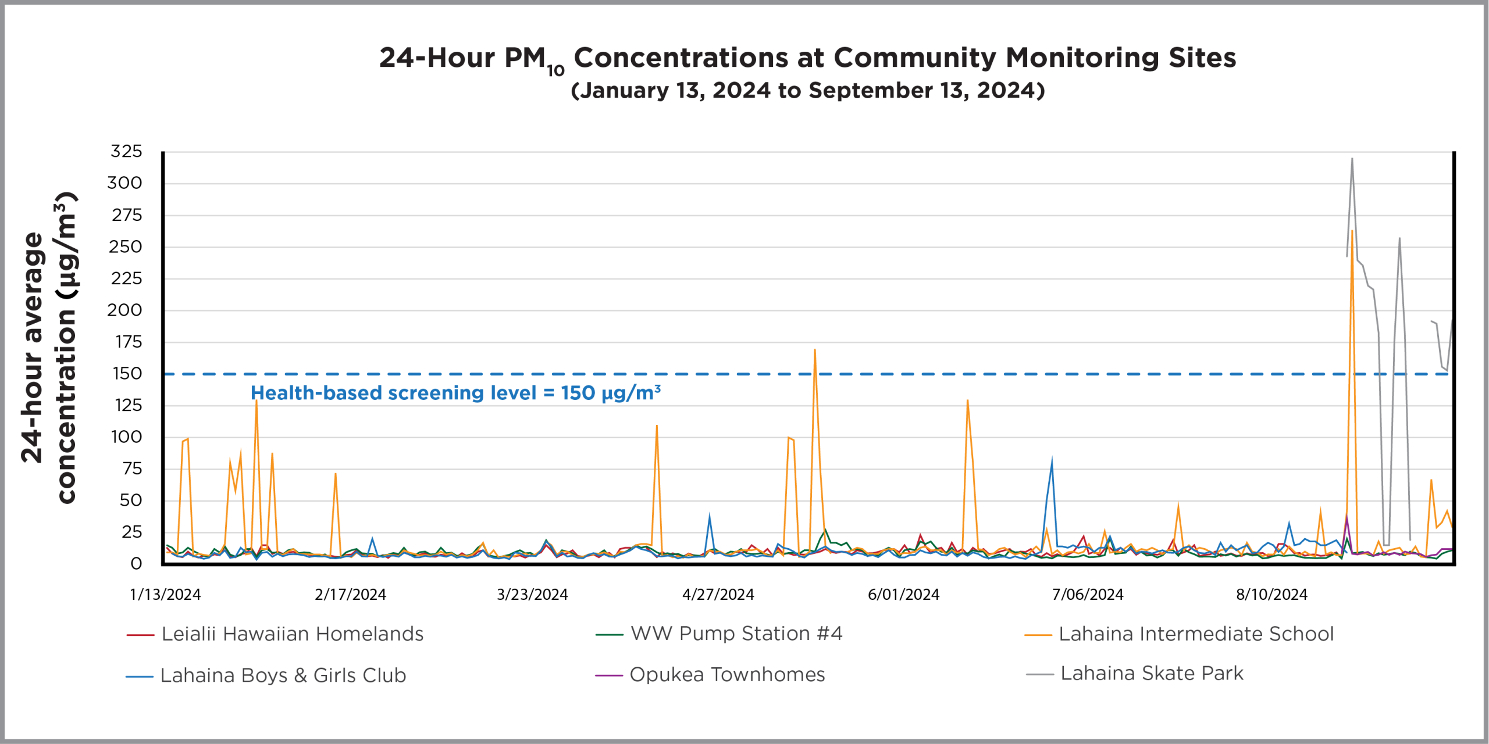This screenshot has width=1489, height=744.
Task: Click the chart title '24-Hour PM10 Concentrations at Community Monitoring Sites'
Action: pyautogui.click(x=807, y=58)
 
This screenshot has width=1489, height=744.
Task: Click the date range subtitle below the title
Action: pyautogui.click(x=807, y=91)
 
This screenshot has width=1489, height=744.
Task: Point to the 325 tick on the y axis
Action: pyautogui.click(x=126, y=151)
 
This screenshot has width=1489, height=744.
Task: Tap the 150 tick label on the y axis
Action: pyautogui.click(x=127, y=373)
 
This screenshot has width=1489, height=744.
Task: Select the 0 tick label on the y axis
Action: pyautogui.click(x=136, y=563)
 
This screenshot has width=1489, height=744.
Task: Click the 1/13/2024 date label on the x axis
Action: pyautogui.click(x=165, y=595)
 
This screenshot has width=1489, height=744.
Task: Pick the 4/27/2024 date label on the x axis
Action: pyautogui.click(x=718, y=595)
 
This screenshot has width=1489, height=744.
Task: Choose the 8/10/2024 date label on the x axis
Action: pyautogui.click(x=1271, y=595)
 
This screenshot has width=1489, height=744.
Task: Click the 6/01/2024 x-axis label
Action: pyautogui.click(x=903, y=595)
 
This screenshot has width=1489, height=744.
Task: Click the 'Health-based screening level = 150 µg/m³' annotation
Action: pyautogui.click(x=455, y=394)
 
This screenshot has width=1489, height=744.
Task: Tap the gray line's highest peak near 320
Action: pyautogui.click(x=1352, y=159)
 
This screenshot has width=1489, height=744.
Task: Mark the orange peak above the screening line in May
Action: pyautogui.click(x=814, y=350)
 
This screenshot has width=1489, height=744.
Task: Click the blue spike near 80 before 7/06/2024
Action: pyautogui.click(x=1052, y=463)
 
